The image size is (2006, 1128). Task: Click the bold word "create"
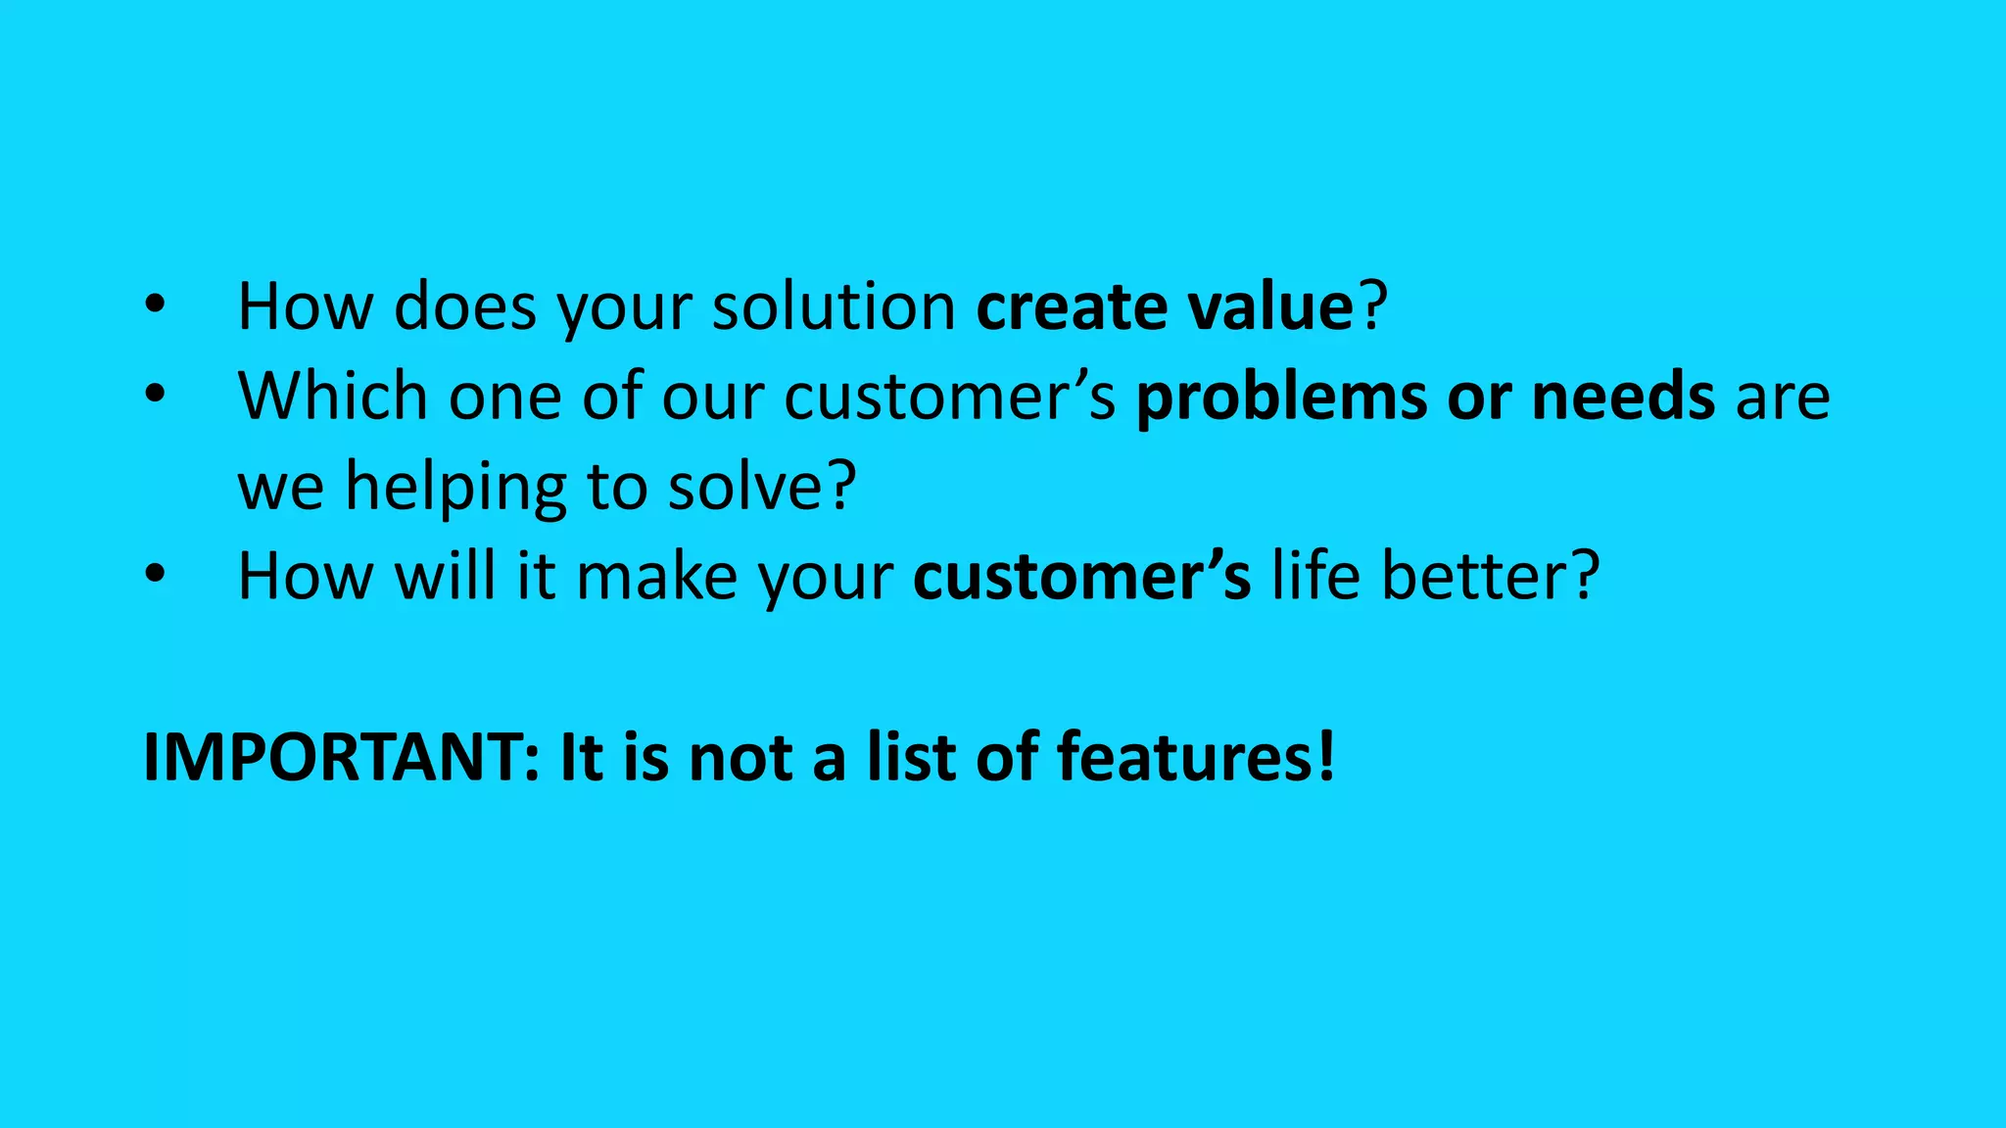(1072, 307)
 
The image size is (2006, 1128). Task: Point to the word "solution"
(834, 307)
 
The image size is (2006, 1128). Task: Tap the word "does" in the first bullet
(464, 307)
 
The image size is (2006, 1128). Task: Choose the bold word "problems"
(1281, 397)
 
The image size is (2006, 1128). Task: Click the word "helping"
(455, 487)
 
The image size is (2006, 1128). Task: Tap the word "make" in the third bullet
(656, 576)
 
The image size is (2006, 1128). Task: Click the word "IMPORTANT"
(333, 758)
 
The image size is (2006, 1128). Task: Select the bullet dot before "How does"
(155, 305)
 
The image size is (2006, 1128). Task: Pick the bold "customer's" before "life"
(1081, 576)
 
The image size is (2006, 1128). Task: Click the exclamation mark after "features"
(1326, 758)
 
